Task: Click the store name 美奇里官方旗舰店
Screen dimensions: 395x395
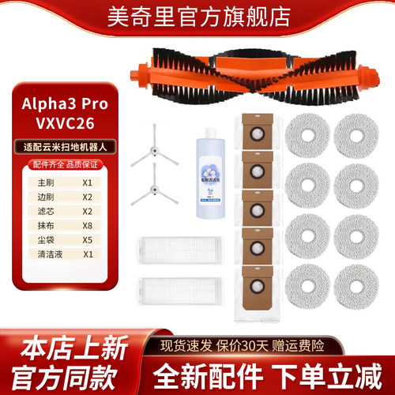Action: (x=197, y=18)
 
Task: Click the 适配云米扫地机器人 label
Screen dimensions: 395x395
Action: (x=64, y=146)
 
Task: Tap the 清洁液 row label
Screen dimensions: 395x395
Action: (x=37, y=254)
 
